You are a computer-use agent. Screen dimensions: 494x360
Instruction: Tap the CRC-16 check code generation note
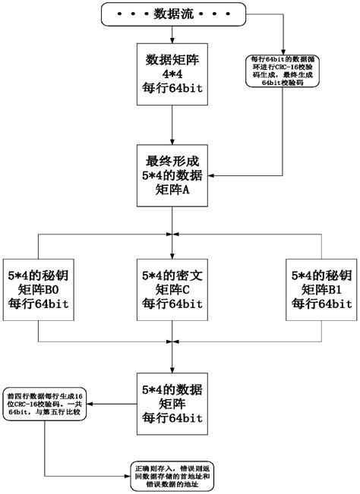tap(283, 76)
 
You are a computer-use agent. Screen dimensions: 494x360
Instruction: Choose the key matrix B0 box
tap(39, 288)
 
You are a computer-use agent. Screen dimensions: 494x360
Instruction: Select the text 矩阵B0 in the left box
tap(39, 289)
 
